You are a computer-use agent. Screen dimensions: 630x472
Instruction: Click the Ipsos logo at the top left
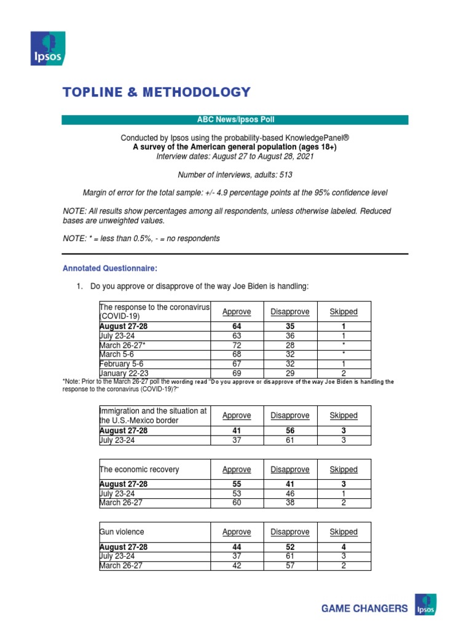point(48,49)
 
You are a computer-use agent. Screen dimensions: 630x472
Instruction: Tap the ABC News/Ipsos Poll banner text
point(235,120)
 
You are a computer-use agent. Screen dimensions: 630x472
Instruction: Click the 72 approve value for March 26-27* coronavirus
point(237,345)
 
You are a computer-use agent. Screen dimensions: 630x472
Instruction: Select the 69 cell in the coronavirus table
point(237,373)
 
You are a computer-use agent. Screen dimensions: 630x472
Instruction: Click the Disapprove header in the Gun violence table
point(290,532)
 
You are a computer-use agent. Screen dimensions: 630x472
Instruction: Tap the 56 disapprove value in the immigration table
point(290,431)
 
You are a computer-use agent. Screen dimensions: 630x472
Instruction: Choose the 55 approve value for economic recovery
point(237,484)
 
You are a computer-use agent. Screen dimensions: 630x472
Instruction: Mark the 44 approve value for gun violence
point(237,547)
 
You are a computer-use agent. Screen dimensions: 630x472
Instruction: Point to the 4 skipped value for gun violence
point(344,547)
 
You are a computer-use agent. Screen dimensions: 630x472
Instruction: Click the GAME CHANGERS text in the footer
point(364,608)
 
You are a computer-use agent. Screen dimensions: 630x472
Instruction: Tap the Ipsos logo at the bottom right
point(426,604)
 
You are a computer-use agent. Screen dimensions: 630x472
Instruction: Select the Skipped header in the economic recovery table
point(344,469)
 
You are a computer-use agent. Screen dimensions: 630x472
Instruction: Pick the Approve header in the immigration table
point(237,416)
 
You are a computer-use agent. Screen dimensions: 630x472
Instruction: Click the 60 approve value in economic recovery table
point(237,503)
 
